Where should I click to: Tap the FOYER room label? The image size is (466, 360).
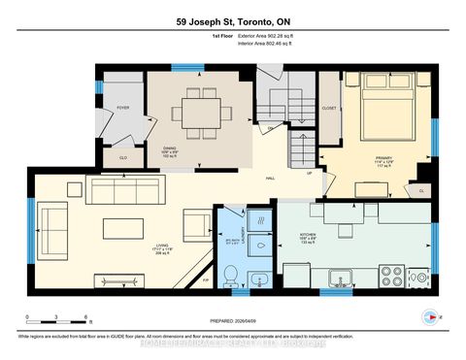[123, 108]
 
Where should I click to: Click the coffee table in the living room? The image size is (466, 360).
[125, 227]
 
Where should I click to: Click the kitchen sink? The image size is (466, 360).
[341, 279]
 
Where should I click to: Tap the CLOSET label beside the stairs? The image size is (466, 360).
[329, 109]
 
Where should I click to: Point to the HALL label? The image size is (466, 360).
[273, 179]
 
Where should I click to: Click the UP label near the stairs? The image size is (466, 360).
[309, 174]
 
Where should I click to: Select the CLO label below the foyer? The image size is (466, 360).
[123, 154]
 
